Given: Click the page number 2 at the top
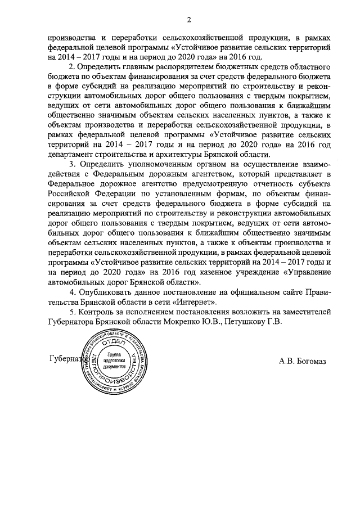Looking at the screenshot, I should [190, 21].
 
